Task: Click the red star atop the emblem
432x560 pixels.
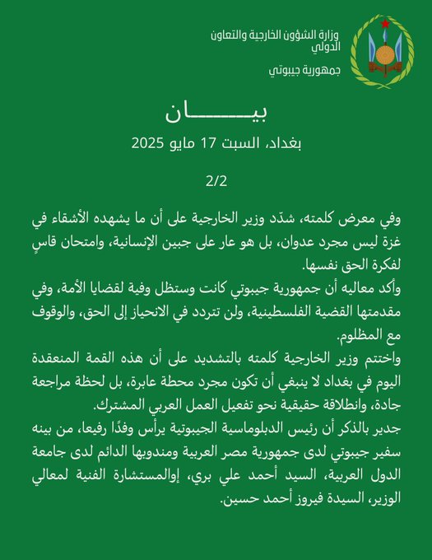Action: click(x=383, y=22)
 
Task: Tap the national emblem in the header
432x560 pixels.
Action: click(x=383, y=51)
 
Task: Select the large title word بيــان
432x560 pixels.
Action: click(x=216, y=114)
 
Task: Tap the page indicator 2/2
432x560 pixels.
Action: click(x=216, y=179)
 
